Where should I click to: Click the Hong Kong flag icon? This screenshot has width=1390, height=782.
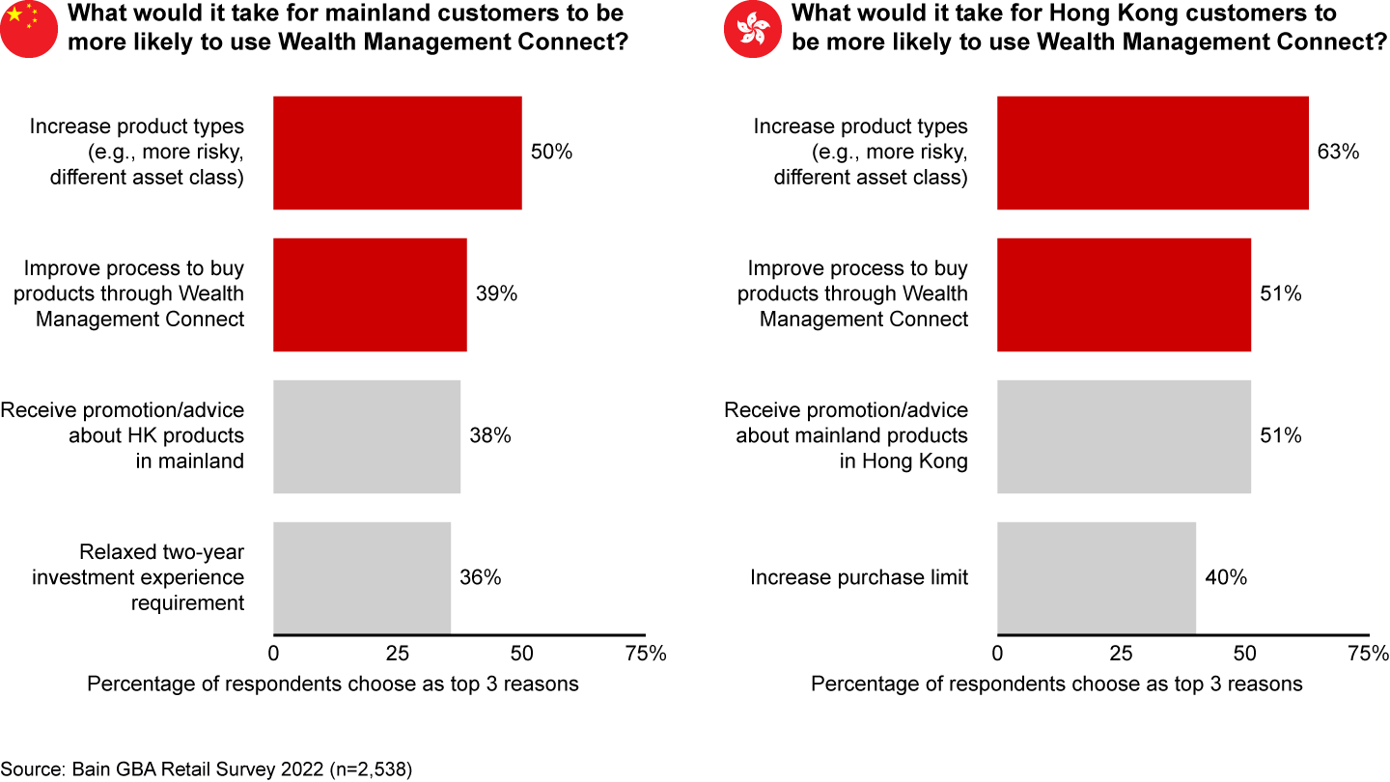pyautogui.click(x=752, y=29)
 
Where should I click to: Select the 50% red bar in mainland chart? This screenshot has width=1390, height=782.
pyautogui.click(x=397, y=153)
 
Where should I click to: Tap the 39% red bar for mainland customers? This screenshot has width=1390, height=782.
pyautogui.click(x=370, y=294)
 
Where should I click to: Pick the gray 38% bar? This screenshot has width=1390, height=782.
pyautogui.click(x=367, y=436)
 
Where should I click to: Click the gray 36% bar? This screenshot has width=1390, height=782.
pyautogui.click(x=362, y=578)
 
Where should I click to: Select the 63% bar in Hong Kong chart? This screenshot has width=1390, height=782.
pyautogui.click(x=1153, y=153)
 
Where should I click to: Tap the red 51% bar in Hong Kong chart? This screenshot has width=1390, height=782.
pyautogui.click(x=1124, y=294)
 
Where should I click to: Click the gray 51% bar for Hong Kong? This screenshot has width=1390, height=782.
pyautogui.click(x=1124, y=436)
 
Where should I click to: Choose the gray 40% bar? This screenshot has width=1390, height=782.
pyautogui.click(x=1097, y=578)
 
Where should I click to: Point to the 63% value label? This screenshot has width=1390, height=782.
pyautogui.click(x=1338, y=153)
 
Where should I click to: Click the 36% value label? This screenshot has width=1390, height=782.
pyautogui.click(x=481, y=578)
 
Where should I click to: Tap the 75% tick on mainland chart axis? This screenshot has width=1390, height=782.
pyautogui.click(x=646, y=654)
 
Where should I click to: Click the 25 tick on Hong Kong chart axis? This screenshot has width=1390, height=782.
pyautogui.click(x=1121, y=654)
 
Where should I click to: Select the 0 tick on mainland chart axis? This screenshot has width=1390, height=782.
pyautogui.click(x=273, y=654)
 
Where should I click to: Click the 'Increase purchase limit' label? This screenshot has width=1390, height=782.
pyautogui.click(x=859, y=578)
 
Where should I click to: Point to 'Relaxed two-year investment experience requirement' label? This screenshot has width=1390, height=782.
pyautogui.click(x=138, y=577)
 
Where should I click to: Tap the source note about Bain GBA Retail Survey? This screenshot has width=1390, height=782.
pyautogui.click(x=206, y=769)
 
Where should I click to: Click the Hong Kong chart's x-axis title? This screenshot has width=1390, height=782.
pyautogui.click(x=1056, y=684)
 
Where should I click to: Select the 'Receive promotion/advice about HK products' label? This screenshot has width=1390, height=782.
pyautogui.click(x=123, y=435)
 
